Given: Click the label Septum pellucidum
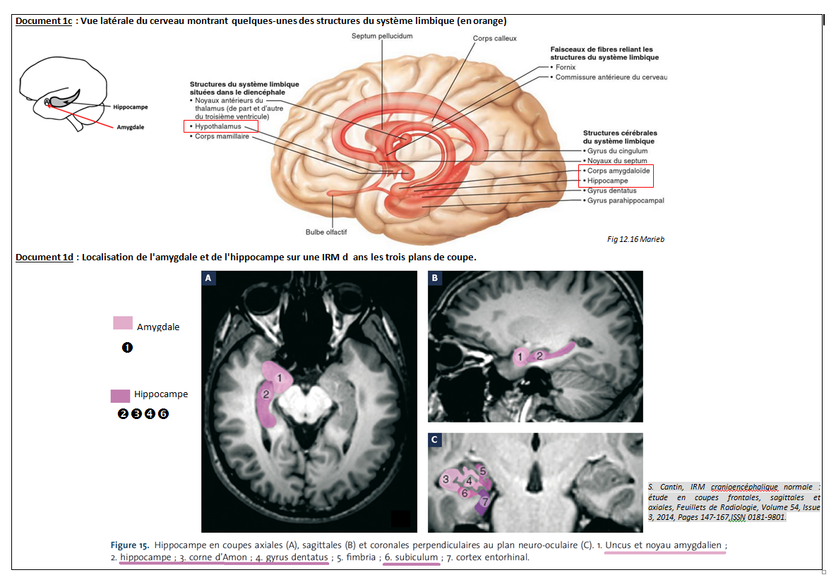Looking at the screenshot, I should (381, 35).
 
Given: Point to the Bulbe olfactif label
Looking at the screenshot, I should (326, 231).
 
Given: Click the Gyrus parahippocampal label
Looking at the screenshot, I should (625, 200).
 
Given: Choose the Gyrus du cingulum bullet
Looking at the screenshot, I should (616, 151).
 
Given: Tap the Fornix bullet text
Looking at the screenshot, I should (565, 67).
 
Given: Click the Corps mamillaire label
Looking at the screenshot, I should (222, 136).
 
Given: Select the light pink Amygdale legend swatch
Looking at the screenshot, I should (122, 322).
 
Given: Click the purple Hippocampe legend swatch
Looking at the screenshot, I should (119, 396).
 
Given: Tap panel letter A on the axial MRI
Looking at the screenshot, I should (208, 279).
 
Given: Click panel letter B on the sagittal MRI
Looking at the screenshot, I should (435, 279).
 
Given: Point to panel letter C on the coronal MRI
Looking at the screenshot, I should (435, 440).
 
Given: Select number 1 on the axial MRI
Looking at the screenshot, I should (280, 379).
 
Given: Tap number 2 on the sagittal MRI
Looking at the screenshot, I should (539, 356).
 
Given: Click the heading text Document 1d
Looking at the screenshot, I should (44, 257).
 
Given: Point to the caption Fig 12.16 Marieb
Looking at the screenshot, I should (635, 239).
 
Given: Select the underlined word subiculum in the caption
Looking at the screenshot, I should (415, 557).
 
